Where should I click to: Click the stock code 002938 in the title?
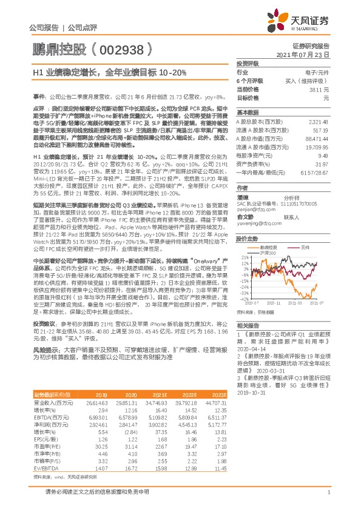click(x=120, y=47)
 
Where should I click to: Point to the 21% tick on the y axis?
click(x=243, y=257)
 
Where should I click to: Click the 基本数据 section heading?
click(x=247, y=113)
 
